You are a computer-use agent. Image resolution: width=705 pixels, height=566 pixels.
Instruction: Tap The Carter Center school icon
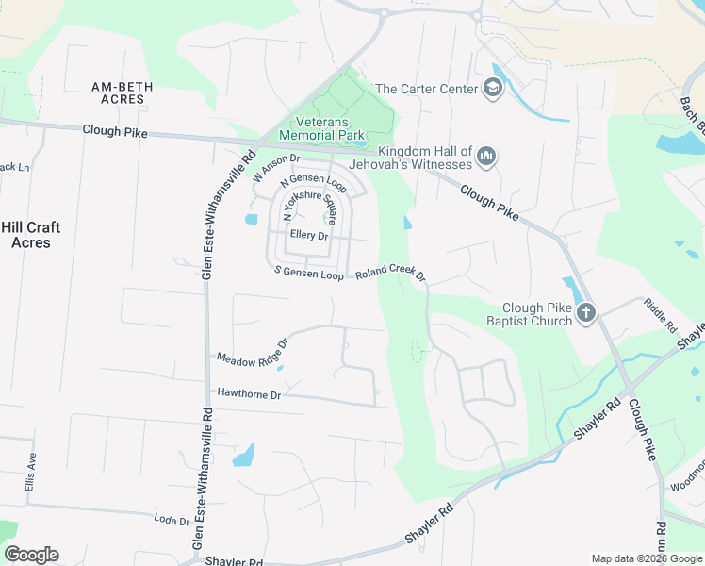click(x=491, y=89)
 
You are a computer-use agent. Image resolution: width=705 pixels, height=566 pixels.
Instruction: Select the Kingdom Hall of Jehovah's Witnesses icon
click(x=486, y=156)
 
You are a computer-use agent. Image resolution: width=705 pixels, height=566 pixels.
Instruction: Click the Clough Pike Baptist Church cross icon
click(x=586, y=313)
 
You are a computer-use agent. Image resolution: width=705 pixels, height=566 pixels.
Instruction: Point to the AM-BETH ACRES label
click(x=119, y=92)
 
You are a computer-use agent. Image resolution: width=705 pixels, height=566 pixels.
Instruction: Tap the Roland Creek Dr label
click(x=391, y=273)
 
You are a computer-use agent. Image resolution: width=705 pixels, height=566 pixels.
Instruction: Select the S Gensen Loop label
click(x=309, y=275)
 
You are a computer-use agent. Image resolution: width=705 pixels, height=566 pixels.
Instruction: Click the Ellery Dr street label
click(x=309, y=235)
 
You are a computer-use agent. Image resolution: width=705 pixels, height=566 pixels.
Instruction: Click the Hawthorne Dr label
click(x=250, y=393)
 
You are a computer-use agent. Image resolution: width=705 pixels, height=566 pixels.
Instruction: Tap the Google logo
click(x=31, y=555)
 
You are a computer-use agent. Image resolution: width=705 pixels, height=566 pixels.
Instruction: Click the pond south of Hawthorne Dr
click(x=243, y=456)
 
